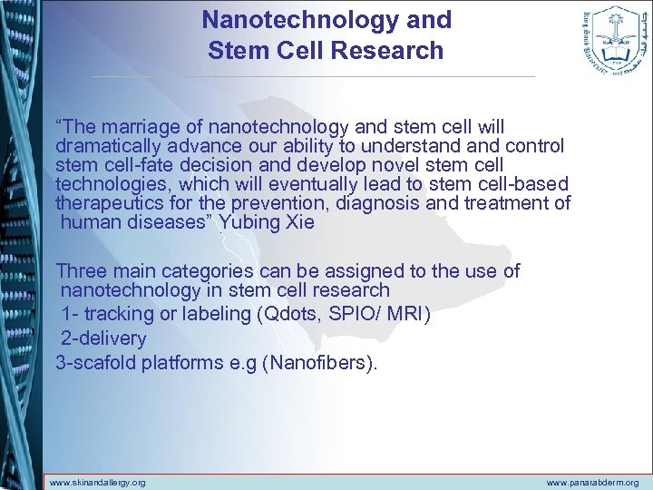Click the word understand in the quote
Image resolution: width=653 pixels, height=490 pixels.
(414, 146)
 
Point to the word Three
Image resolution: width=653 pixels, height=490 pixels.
(82, 270)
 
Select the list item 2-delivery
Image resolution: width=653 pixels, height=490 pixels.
(103, 338)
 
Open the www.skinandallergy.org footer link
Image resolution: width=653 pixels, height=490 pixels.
(97, 483)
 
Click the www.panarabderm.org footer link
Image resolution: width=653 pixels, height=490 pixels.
(592, 483)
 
